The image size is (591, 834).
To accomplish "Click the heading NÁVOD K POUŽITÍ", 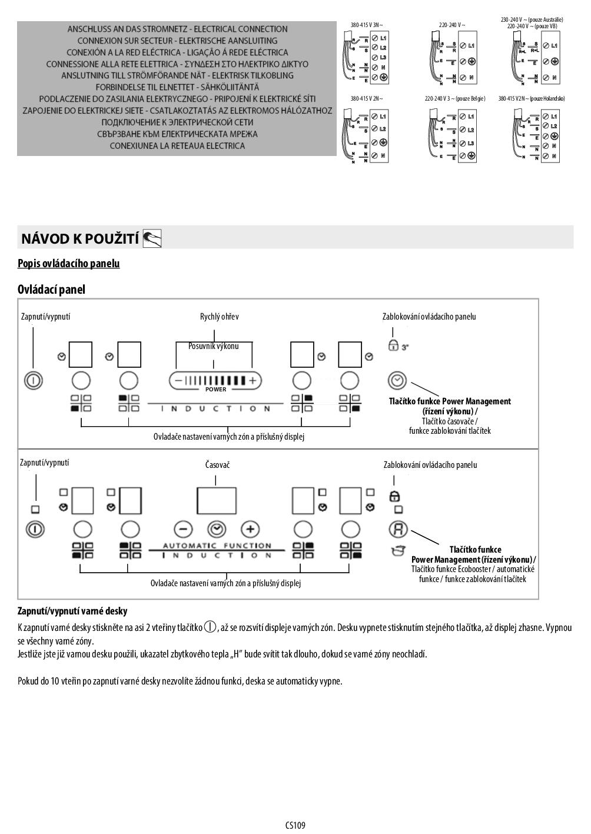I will pos(79,238).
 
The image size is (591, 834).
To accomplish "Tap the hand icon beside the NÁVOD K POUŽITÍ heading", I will pos(152,238).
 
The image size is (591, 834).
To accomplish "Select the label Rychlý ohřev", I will pos(219,317).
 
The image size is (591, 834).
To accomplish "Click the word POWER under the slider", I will pos(215,390).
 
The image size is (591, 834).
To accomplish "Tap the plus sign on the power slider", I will pos(253,380).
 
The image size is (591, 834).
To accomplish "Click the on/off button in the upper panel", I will pos(34,380).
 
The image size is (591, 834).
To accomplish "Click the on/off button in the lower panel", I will pos(35,529).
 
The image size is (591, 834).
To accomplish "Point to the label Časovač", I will pos(217,465).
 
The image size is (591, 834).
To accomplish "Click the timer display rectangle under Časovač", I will pos(217,500).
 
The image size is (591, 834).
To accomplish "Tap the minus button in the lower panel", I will pos(183,529).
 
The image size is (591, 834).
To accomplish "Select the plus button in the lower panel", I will pos(250,529).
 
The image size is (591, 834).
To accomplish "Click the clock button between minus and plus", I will pos(217,529).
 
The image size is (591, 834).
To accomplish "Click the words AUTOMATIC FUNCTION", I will pos(217,546).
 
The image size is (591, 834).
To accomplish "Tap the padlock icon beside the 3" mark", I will pos(393,346).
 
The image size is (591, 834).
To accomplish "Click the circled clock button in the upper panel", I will pos(398,380).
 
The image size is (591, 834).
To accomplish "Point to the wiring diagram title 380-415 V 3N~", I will pos(366,25).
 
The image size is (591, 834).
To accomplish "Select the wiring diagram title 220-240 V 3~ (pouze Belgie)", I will pos(455,99).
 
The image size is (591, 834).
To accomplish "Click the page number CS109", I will pos(295,825).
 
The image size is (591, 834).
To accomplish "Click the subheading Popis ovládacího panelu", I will pos(68,264).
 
